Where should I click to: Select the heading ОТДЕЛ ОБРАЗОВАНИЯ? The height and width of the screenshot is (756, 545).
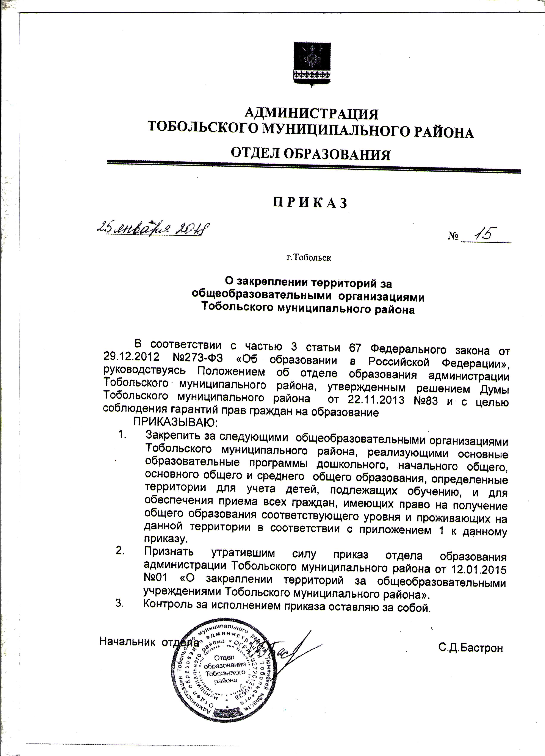(x=311, y=154)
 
